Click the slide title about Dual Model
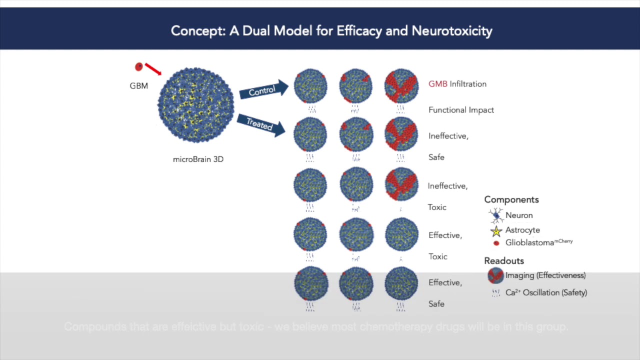(x=331, y=31)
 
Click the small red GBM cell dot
(x=139, y=66)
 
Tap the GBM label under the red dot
(x=138, y=86)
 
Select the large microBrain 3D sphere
(x=196, y=105)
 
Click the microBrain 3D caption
(x=198, y=159)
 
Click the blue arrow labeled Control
(x=263, y=90)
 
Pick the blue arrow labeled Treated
(x=260, y=124)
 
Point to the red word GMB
(x=437, y=84)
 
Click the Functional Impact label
(x=461, y=110)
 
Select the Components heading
(x=511, y=199)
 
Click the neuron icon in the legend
(x=496, y=215)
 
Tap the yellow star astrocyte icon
(x=496, y=231)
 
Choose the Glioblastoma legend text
(x=538, y=242)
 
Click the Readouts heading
(x=503, y=261)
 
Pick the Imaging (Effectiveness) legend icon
(x=495, y=275)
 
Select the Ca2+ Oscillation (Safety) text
(x=546, y=292)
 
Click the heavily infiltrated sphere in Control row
(x=401, y=86)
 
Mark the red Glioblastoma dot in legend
(x=496, y=243)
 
